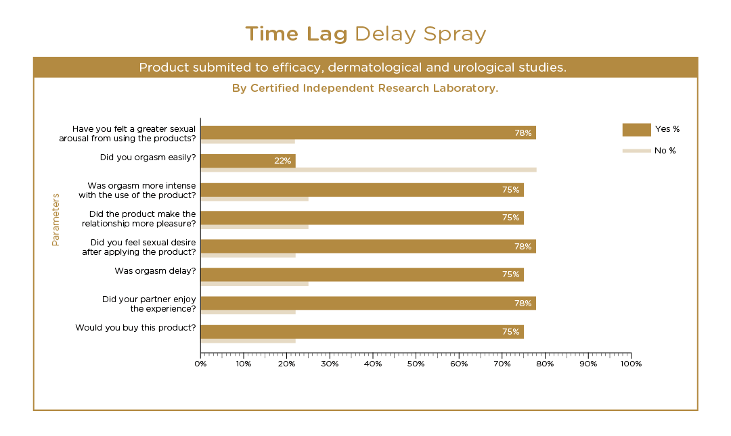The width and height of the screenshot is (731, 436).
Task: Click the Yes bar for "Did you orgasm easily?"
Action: tap(248, 161)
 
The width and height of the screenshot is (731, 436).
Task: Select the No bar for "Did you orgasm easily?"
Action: tap(368, 170)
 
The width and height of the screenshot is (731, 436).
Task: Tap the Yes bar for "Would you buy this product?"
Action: tap(362, 332)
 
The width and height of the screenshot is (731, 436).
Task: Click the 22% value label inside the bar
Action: tap(282, 161)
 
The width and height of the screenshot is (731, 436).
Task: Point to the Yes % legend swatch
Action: tap(636, 129)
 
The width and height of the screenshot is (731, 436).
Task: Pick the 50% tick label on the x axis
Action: tap(416, 364)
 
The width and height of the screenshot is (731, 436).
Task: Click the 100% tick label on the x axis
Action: tap(631, 364)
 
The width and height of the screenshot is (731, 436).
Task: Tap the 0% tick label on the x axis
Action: tap(200, 364)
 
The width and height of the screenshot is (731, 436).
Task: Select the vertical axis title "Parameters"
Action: tap(56, 220)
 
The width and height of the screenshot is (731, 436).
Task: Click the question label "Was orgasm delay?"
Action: tap(156, 271)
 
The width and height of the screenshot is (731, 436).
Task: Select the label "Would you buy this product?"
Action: tap(136, 328)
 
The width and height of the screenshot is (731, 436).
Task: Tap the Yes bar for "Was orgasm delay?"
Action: tap(362, 274)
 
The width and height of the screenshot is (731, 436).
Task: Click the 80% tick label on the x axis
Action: tap(545, 364)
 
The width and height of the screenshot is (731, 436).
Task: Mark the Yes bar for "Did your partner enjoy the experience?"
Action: tap(368, 303)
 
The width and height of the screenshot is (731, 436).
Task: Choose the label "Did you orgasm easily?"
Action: tap(148, 158)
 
